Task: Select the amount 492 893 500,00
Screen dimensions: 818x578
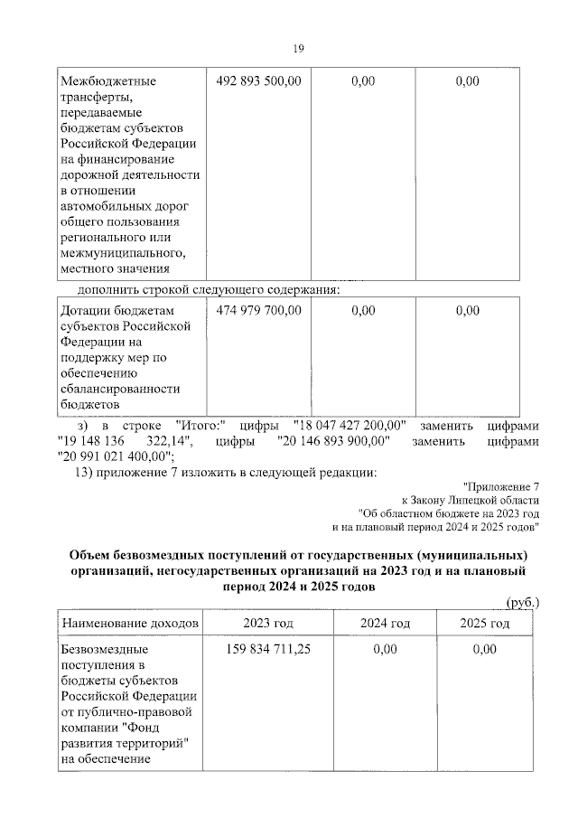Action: click(x=259, y=81)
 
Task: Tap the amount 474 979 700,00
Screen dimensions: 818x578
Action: click(x=259, y=310)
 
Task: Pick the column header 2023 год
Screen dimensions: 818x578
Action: click(x=267, y=624)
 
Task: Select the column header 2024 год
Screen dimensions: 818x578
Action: click(x=385, y=624)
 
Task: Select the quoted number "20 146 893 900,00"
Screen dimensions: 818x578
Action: click(x=322, y=441)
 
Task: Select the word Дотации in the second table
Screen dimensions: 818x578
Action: click(x=87, y=310)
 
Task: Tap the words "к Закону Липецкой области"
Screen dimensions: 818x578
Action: click(x=471, y=499)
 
